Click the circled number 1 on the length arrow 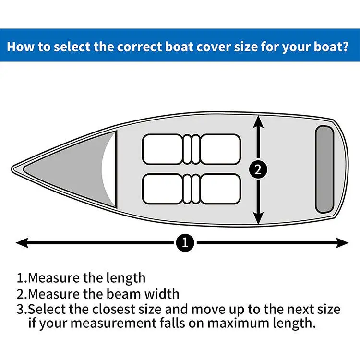click(185, 242)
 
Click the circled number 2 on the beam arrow click(258, 169)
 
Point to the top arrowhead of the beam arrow click(259, 122)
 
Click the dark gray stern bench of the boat click(324, 169)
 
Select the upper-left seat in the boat click(162, 148)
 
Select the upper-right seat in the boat click(220, 148)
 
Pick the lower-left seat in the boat click(162, 188)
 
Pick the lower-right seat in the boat click(220, 188)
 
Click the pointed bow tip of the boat click(13, 169)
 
